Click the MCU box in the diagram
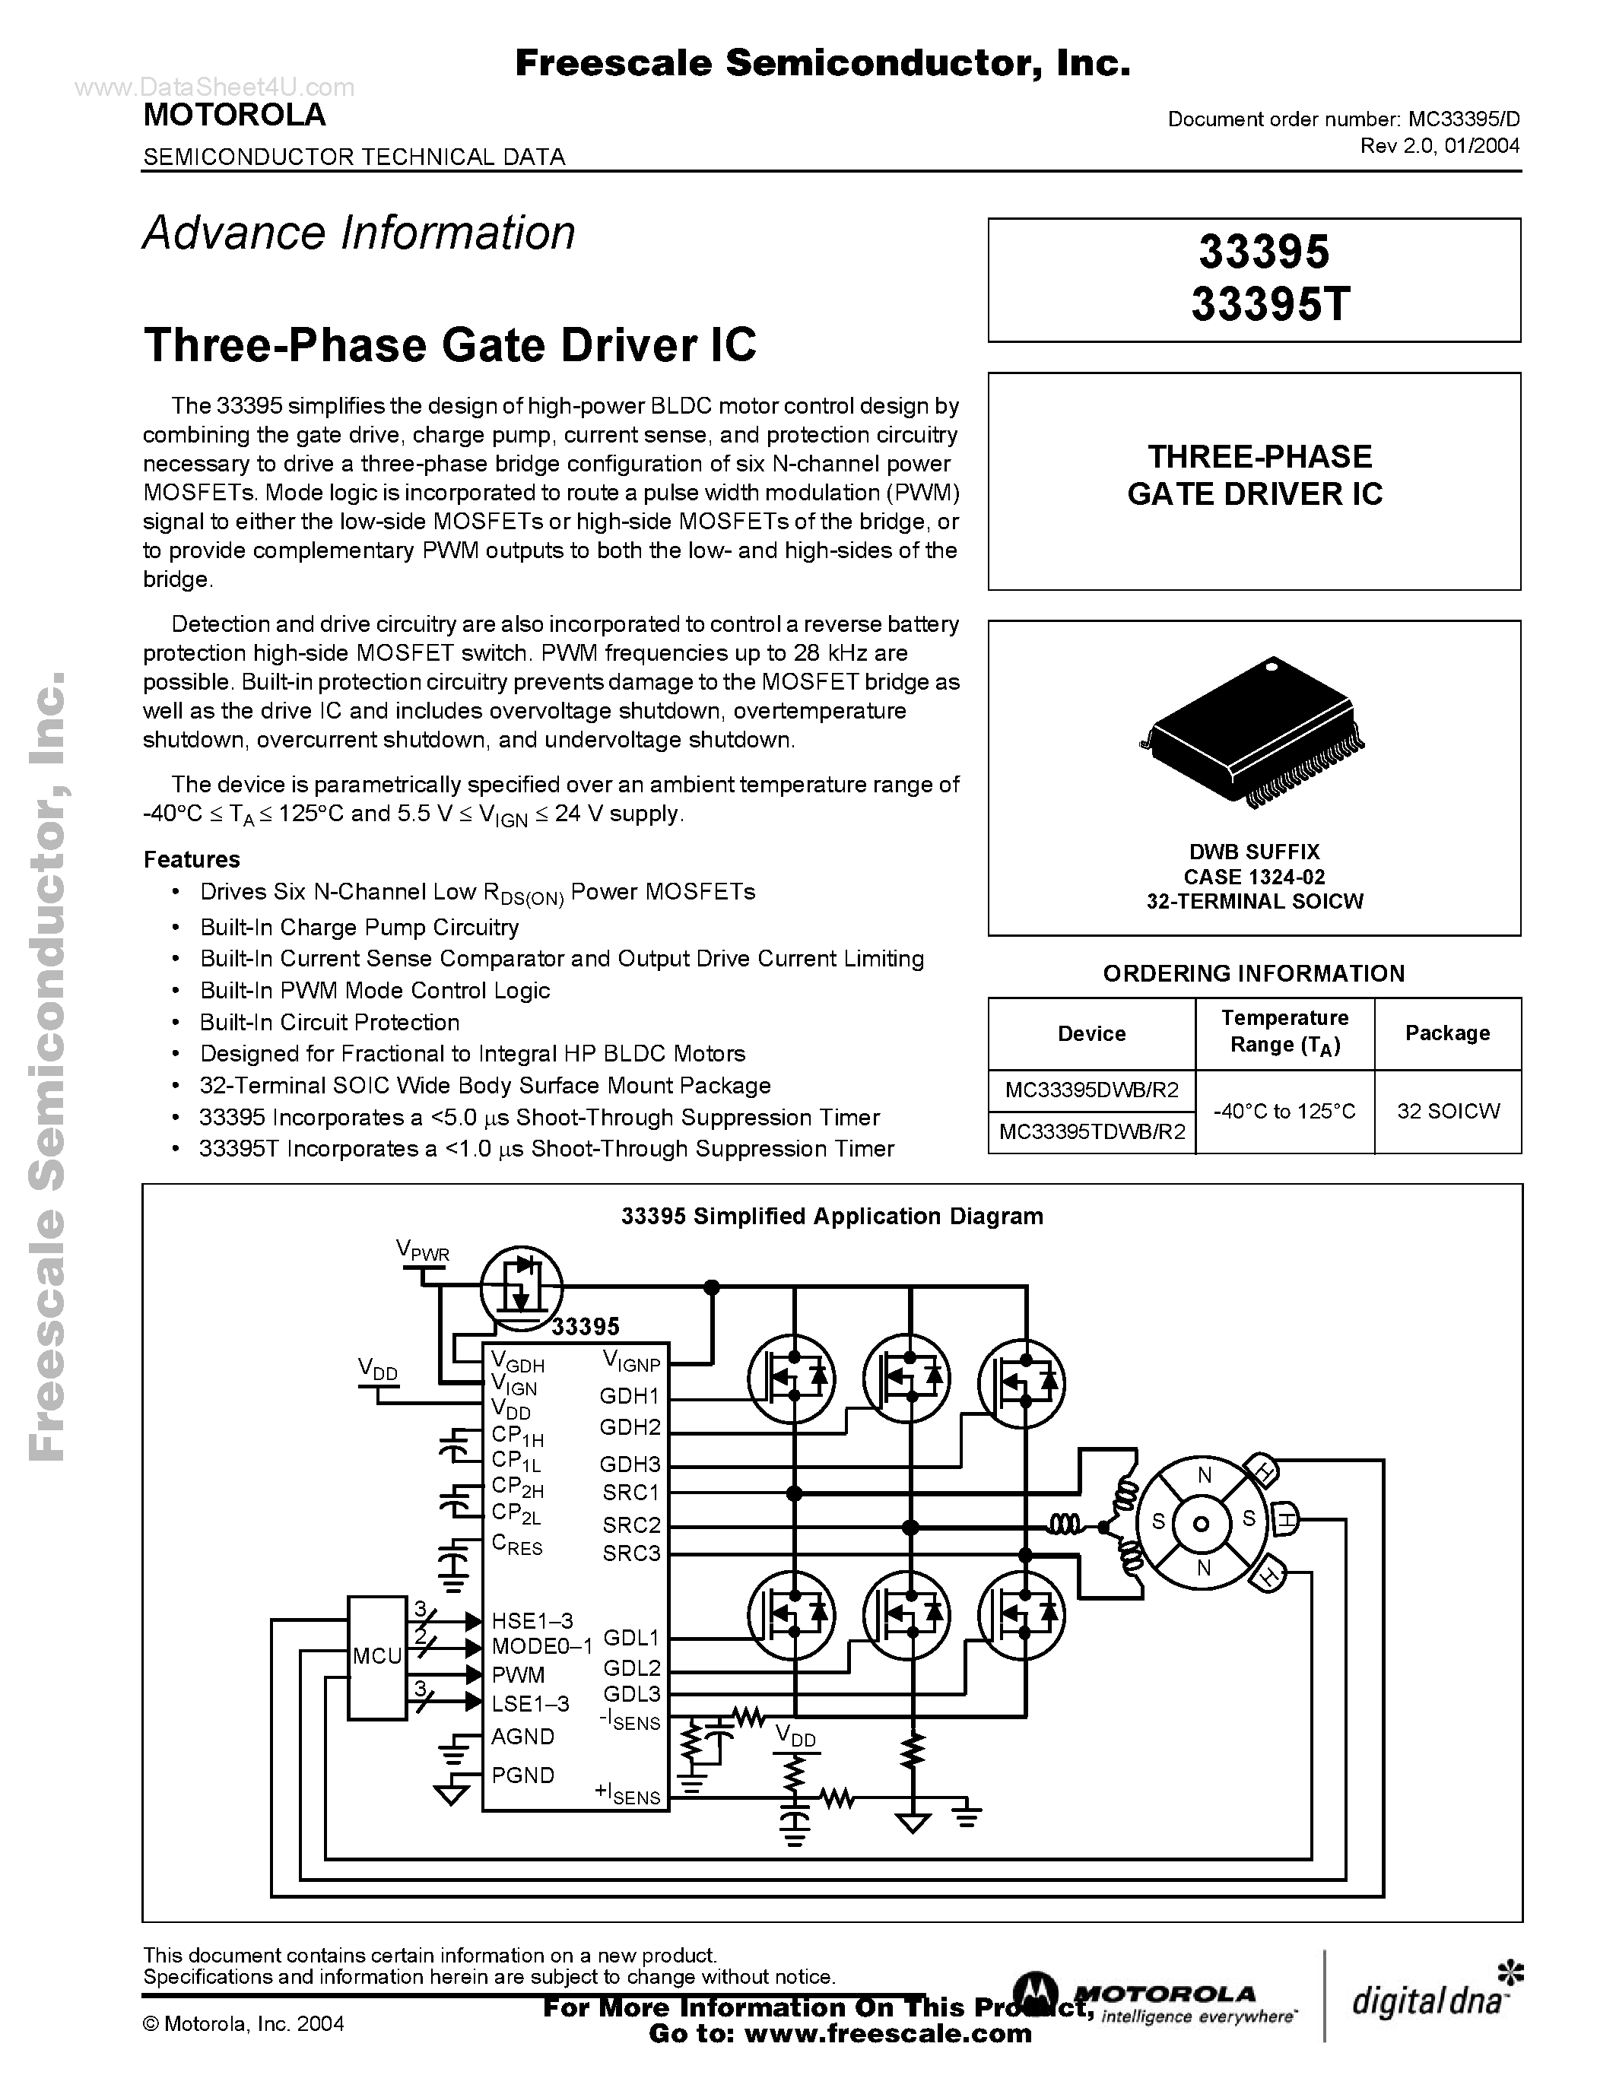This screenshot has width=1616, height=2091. pyautogui.click(x=376, y=1656)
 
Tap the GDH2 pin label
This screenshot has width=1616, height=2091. pyautogui.click(x=630, y=1427)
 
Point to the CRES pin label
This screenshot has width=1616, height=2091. pyautogui.click(x=517, y=1544)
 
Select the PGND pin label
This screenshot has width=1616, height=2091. pyautogui.click(x=522, y=1775)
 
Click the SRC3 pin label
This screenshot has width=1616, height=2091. pyautogui.click(x=631, y=1553)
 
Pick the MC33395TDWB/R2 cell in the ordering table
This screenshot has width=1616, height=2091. pyautogui.click(x=1091, y=1131)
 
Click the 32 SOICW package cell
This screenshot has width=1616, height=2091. pyautogui.click(x=1447, y=1111)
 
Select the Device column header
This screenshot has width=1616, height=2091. pyautogui.click(x=1091, y=1033)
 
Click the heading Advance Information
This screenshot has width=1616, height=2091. pyautogui.click(x=359, y=233)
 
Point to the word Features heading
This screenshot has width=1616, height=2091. pyautogui.click(x=192, y=858)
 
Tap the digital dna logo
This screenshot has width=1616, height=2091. pyautogui.click(x=1432, y=1999)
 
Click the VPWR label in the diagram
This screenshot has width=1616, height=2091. pyautogui.click(x=422, y=1250)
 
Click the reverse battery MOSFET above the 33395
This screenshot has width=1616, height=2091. pyautogui.click(x=520, y=1285)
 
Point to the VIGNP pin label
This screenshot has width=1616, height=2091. pyautogui.click(x=631, y=1360)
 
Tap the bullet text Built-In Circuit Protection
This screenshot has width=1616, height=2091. pyautogui.click(x=329, y=1022)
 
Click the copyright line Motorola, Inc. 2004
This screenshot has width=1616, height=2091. pyautogui.click(x=243, y=2023)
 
